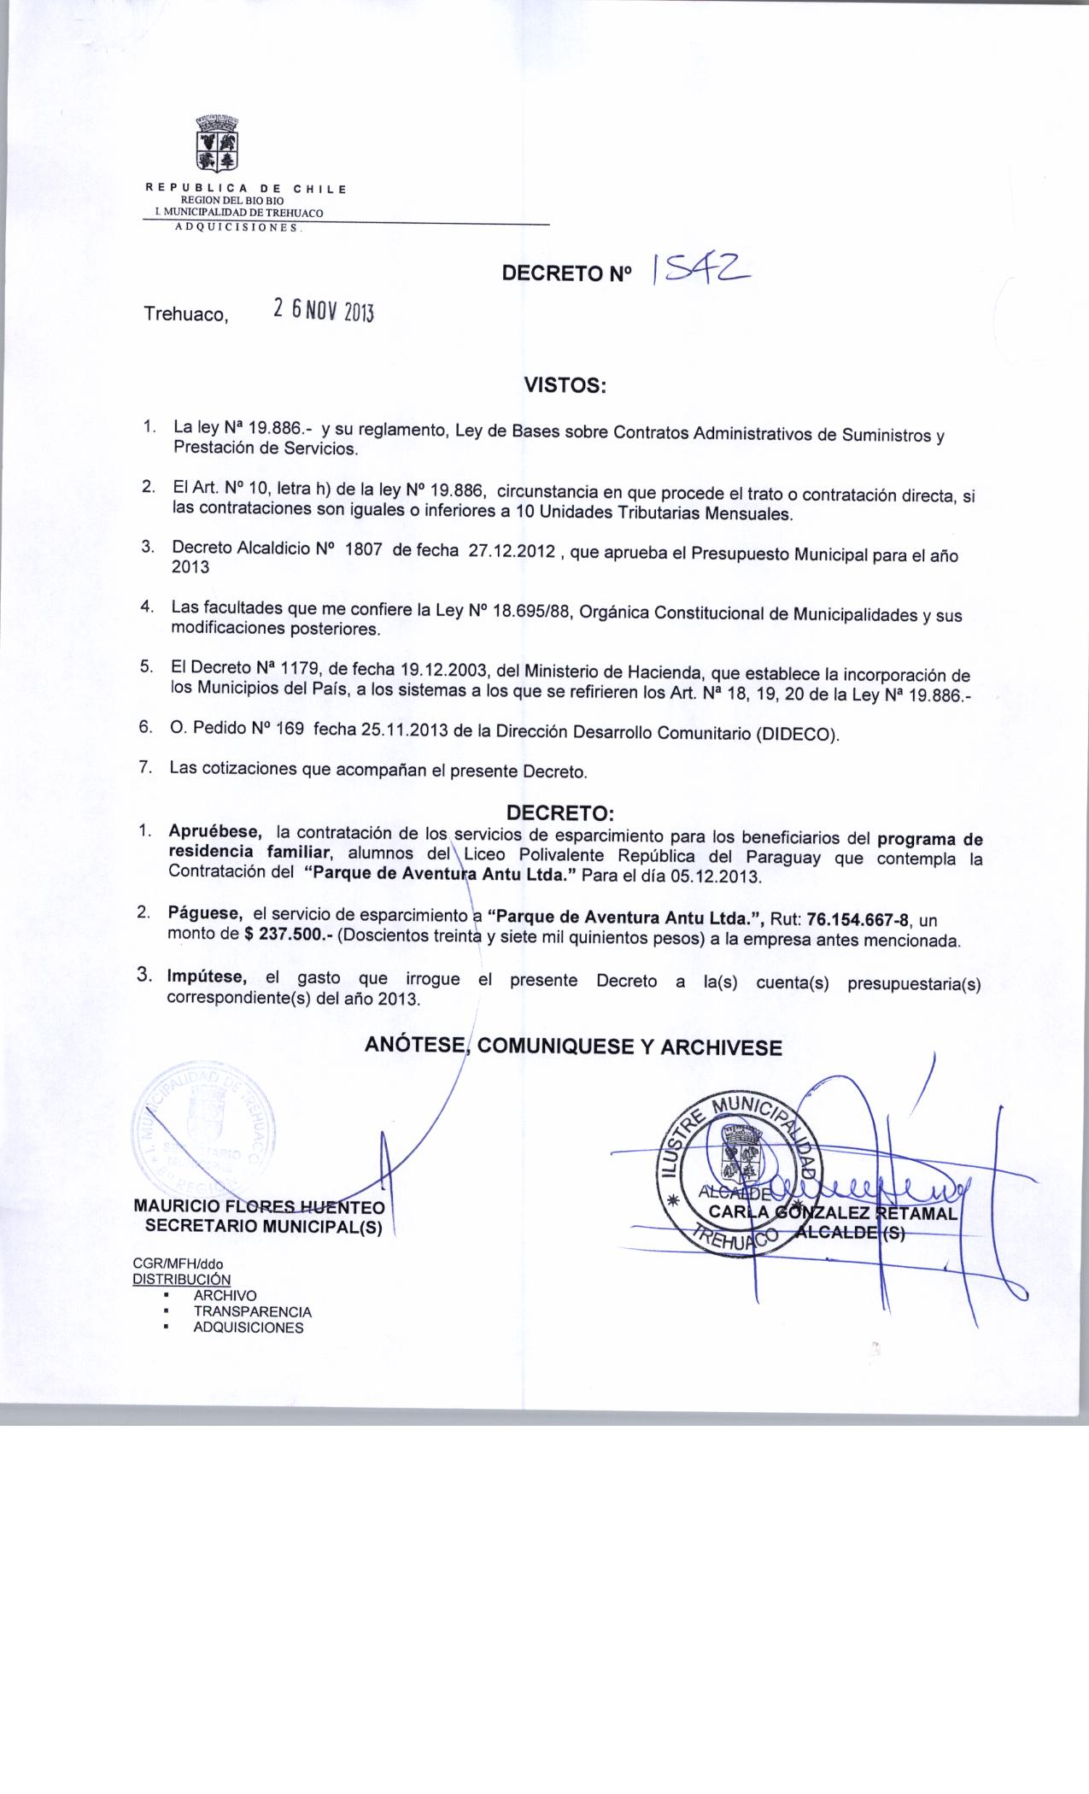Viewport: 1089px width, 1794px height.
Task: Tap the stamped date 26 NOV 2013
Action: coord(323,311)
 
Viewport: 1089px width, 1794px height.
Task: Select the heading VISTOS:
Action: coord(564,386)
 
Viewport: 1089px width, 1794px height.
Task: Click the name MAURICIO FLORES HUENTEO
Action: coord(259,1207)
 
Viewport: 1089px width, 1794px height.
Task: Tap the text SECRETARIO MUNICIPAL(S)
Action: coord(264,1226)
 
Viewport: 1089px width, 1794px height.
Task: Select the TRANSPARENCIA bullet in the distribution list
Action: coord(252,1311)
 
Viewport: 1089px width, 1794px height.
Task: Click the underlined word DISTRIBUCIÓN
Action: coord(181,1279)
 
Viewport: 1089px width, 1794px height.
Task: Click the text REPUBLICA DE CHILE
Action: coord(246,188)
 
